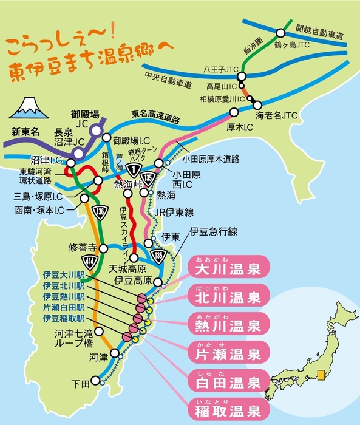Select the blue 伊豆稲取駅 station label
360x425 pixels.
point(64,316)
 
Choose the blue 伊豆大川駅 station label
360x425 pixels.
point(64,274)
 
